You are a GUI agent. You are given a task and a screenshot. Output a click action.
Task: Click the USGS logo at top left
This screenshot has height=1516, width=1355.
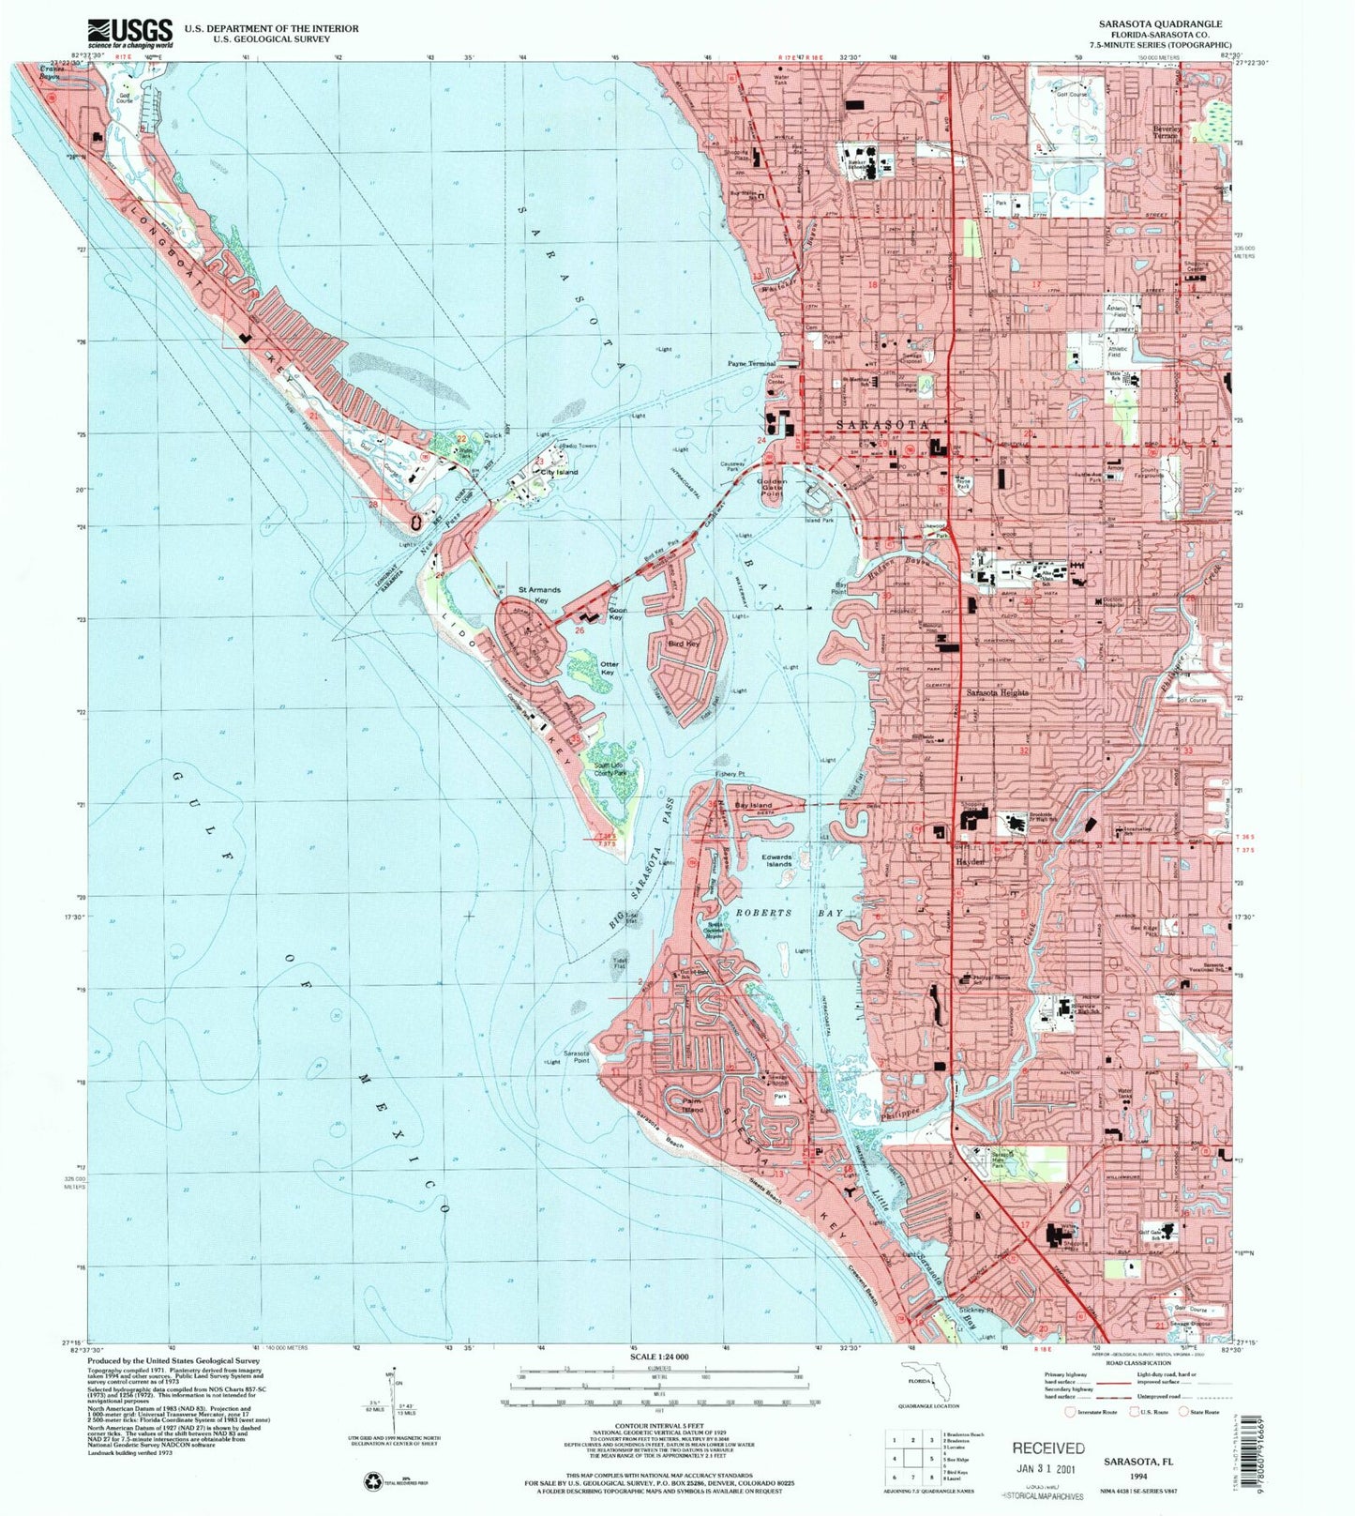[129, 33]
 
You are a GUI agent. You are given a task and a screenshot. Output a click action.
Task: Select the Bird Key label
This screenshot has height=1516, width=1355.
[683, 644]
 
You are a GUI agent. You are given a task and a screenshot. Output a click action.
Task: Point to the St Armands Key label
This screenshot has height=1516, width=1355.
[539, 595]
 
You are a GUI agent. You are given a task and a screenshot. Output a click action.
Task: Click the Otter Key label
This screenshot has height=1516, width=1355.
[609, 669]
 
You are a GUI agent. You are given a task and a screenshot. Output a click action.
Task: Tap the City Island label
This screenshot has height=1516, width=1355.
[560, 473]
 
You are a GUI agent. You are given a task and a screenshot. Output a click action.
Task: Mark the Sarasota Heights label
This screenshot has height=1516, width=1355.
[998, 692]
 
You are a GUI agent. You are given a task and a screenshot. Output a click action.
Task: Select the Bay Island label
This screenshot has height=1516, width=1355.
[753, 806]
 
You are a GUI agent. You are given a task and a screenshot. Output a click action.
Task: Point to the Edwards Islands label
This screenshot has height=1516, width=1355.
[777, 860]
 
